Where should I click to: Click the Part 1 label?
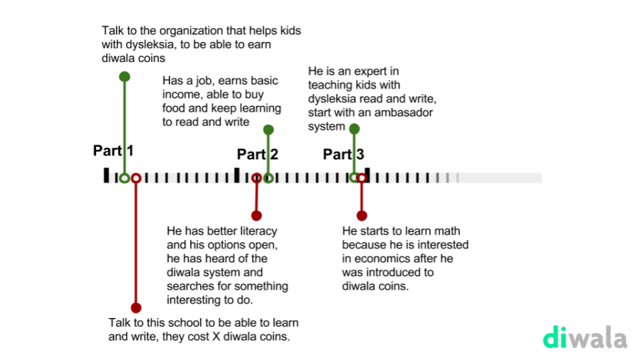coord(113,151)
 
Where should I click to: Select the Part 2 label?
coord(257,155)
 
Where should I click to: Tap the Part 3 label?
coord(343,155)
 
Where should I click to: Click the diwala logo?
coord(585,337)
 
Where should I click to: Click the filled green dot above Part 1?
coord(124,76)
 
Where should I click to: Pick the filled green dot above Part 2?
coord(268,129)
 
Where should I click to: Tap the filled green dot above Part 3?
coord(354,128)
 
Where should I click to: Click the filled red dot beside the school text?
coord(136,307)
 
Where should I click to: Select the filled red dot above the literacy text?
coord(257,215)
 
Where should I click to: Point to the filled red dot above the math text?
coord(361,215)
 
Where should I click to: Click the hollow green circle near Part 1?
coord(124,178)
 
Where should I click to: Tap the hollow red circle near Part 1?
coord(136,178)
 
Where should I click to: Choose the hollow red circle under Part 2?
coord(257,178)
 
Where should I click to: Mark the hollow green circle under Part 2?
coord(268,178)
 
